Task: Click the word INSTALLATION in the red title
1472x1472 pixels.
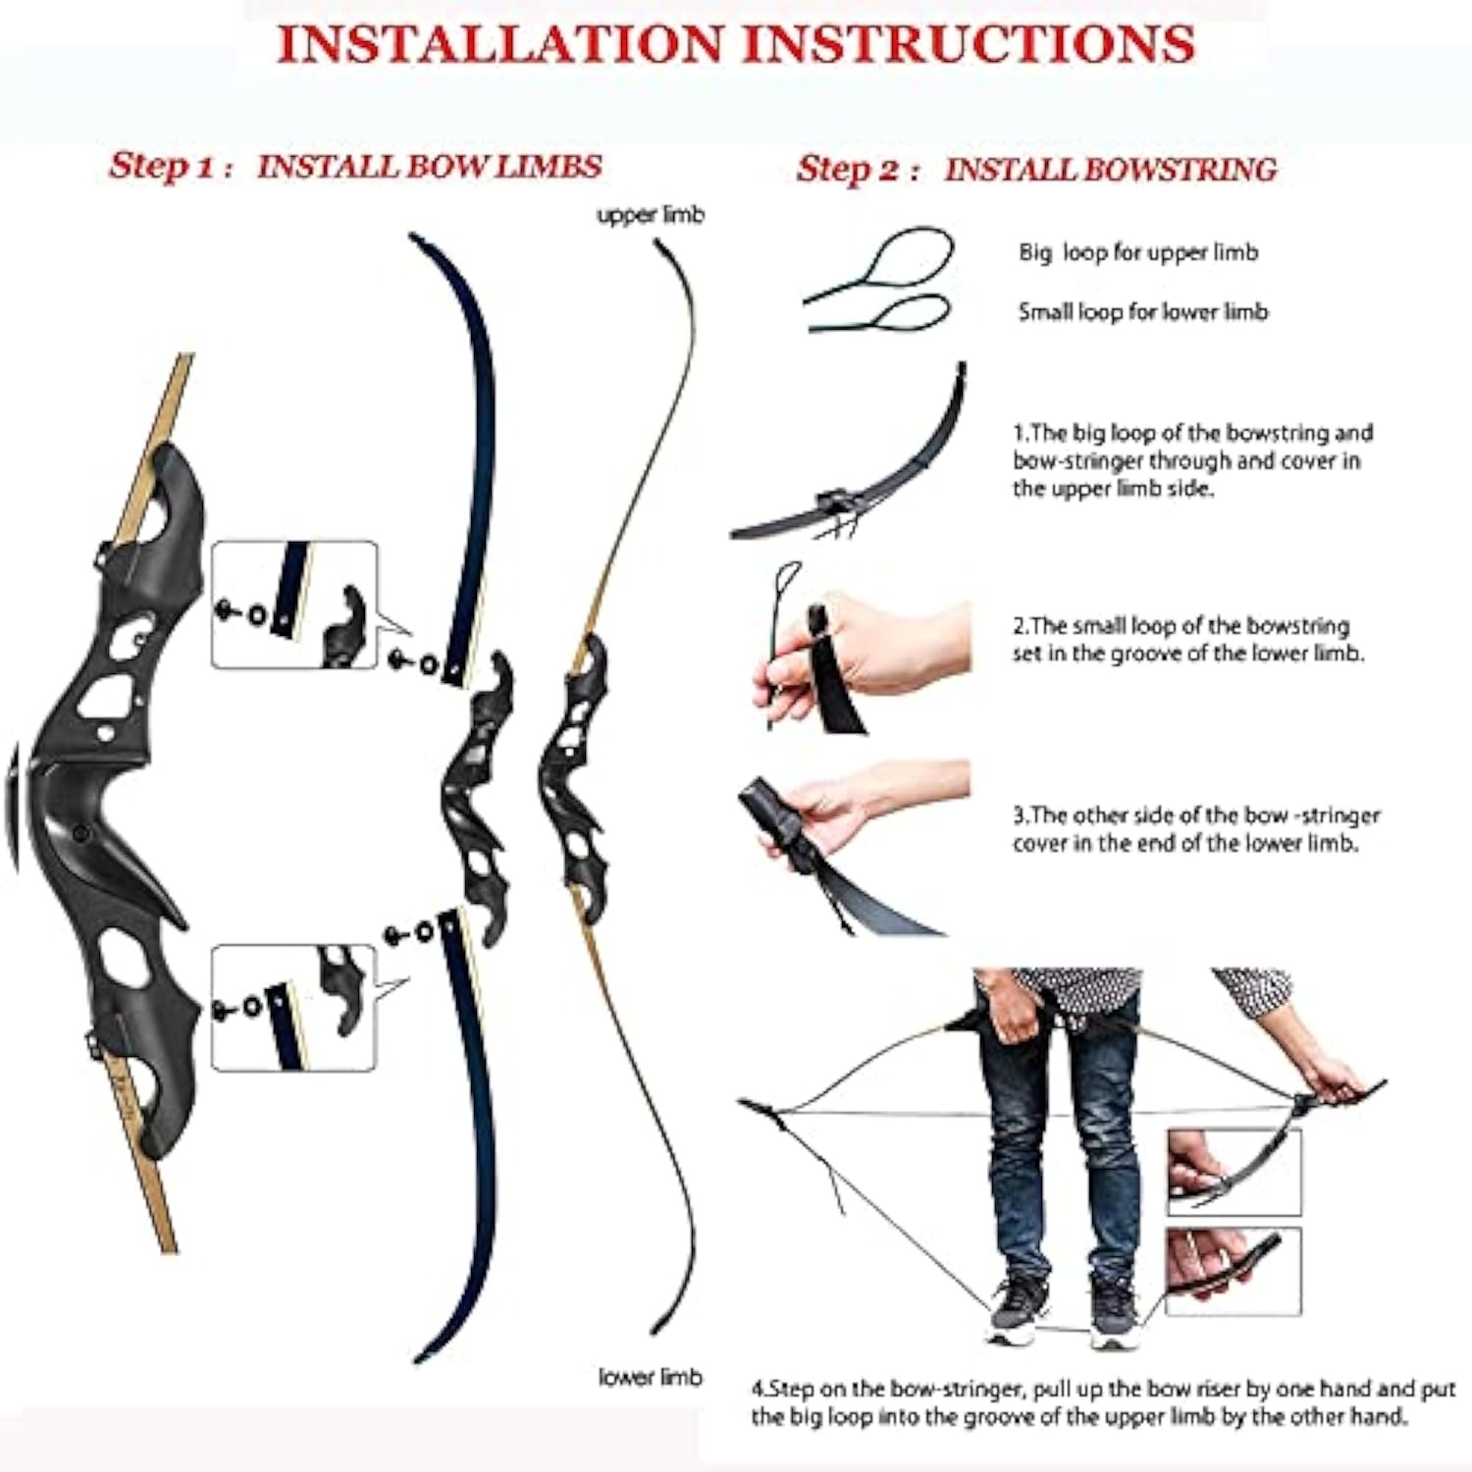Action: tap(500, 44)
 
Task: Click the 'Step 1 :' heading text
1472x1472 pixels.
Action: tap(171, 166)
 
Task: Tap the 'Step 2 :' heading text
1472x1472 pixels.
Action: tap(858, 169)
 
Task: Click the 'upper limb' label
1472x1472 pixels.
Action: tap(651, 215)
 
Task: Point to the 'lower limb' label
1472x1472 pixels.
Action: tap(651, 1377)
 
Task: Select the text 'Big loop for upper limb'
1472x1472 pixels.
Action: tap(1138, 252)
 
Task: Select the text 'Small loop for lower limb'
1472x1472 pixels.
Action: tap(1143, 311)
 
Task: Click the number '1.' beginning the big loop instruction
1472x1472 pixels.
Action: tap(1021, 433)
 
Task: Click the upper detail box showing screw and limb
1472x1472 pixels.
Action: tap(294, 605)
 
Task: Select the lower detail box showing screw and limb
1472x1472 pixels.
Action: tap(294, 1007)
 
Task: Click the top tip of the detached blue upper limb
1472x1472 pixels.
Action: tap(414, 237)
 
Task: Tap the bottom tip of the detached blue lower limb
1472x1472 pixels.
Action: tap(419, 1359)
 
